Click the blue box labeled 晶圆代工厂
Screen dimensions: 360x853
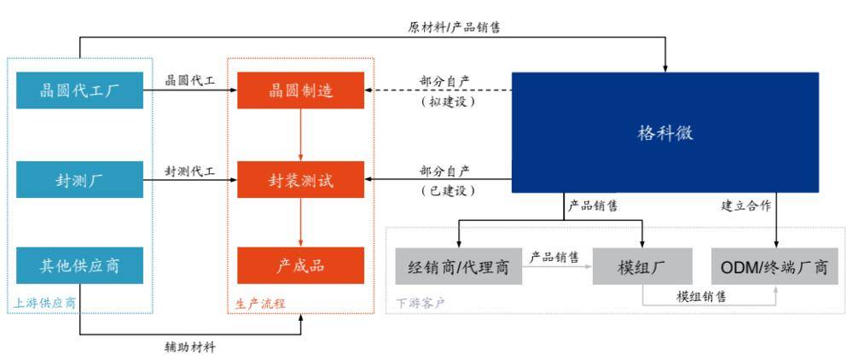coord(79,90)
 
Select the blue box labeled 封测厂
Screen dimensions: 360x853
coord(79,179)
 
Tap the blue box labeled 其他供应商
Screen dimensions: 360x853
coord(79,265)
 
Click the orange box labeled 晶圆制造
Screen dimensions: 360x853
coord(300,90)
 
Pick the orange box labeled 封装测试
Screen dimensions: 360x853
coord(300,179)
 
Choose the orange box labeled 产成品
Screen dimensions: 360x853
coord(300,265)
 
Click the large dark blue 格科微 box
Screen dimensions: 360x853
coord(664,132)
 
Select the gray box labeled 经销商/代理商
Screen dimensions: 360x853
coord(458,267)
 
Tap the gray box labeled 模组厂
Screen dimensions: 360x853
coord(641,267)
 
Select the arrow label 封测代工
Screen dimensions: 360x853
coord(190,171)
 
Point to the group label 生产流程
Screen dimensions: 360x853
coord(260,303)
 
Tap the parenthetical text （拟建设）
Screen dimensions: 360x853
coord(446,102)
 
